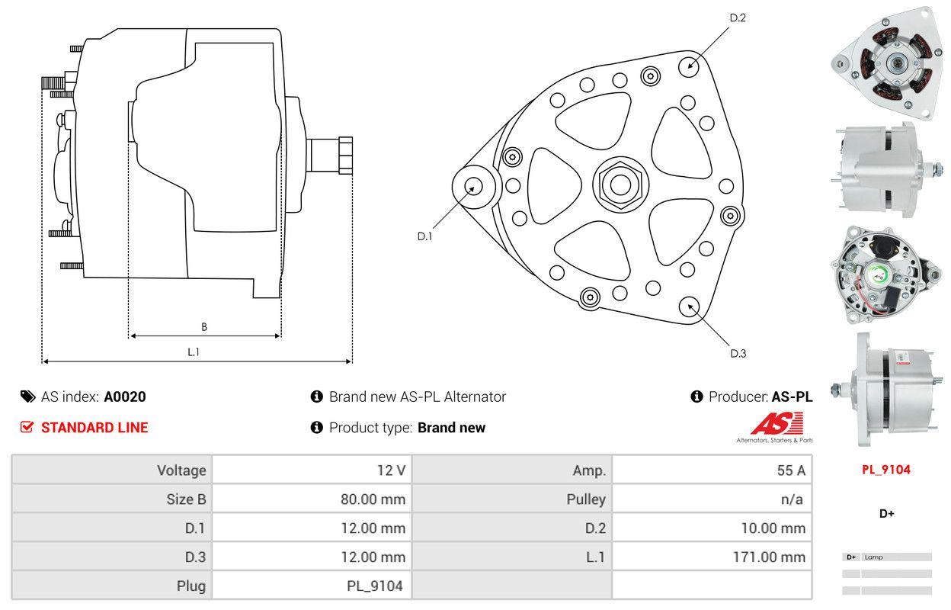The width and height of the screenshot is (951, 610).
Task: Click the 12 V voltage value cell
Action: tap(391, 470)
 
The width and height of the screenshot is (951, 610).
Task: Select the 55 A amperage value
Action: tap(790, 470)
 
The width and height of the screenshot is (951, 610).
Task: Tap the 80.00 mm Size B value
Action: tap(373, 499)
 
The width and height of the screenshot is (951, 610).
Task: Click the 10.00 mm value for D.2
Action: tap(773, 528)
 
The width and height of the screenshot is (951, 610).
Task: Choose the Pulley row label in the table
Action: tap(586, 499)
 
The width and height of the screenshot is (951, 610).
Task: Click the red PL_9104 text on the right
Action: tap(886, 470)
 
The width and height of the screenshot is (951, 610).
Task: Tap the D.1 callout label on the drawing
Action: tap(424, 236)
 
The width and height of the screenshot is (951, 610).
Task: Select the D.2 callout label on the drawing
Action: tap(737, 18)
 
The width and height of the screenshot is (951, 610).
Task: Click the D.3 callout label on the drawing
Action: tap(738, 353)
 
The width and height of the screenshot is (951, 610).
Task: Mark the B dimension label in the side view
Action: tap(203, 327)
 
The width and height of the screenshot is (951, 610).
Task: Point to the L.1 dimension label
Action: tap(194, 352)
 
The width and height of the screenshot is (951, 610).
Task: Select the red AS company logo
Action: tap(777, 424)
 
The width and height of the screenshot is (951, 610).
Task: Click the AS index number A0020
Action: tap(125, 396)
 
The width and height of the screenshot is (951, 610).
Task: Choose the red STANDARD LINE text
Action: tap(94, 428)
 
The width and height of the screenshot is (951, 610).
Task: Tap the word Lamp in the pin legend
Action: tap(874, 557)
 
